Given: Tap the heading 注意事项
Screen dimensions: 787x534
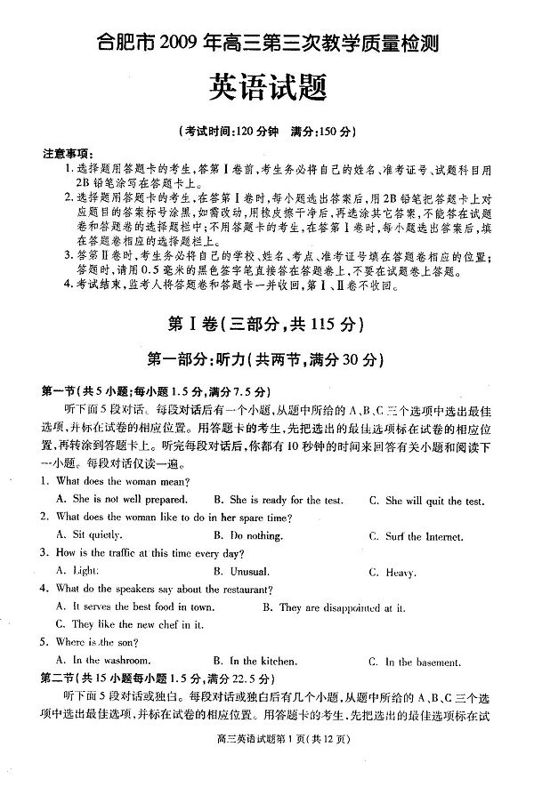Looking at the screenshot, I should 68,154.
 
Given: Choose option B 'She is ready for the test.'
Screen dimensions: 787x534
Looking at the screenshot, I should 279,501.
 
